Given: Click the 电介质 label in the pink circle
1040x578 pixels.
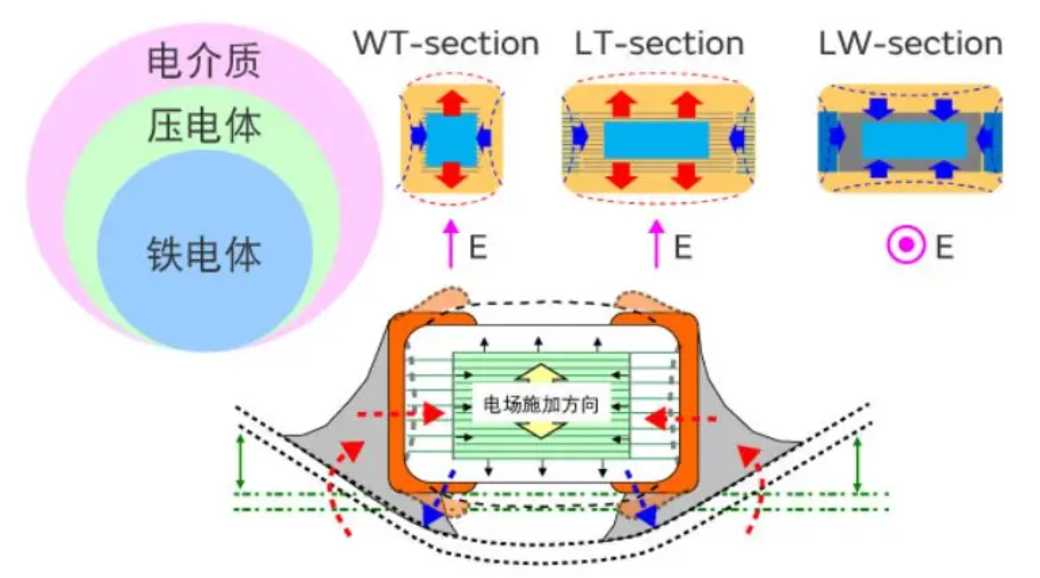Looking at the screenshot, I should point(204,61).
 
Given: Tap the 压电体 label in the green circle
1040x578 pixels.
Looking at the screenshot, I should point(204,125).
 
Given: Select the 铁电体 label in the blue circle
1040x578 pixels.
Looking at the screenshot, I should point(204,254).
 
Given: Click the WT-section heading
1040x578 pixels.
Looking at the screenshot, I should point(446,43).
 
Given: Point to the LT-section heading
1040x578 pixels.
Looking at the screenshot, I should point(659,43).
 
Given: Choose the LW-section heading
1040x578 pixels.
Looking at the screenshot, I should point(910,43).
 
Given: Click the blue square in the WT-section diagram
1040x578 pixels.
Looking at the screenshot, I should point(451,139).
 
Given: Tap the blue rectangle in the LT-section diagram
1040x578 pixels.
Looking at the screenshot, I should point(656,140).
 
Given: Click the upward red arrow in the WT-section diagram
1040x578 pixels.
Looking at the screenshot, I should point(451,101).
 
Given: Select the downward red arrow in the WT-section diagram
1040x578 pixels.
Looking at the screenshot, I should point(451,175).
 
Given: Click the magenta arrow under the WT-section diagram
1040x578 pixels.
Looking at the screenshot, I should point(450,244).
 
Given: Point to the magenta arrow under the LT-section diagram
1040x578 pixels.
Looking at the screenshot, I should point(656,244).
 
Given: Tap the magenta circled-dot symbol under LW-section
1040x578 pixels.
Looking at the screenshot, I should point(906,245).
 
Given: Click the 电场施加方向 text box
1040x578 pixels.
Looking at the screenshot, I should point(540,404).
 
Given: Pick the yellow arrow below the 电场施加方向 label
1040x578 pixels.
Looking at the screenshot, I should point(541,429).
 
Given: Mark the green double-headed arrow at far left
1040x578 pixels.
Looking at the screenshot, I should point(240,461).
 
